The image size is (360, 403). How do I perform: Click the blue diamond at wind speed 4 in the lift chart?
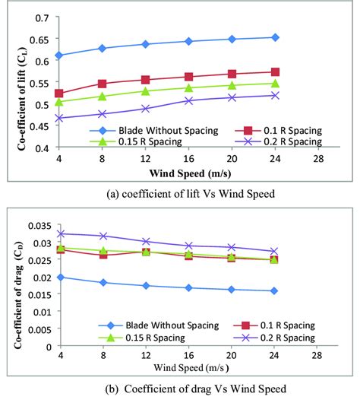pos(59,56)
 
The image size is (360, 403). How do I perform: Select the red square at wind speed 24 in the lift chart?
pos(275,72)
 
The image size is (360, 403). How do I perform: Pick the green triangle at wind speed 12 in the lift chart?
pos(145,91)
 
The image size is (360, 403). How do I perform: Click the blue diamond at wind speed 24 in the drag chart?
pos(275,290)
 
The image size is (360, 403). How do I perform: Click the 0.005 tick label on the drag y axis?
pos(36,329)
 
